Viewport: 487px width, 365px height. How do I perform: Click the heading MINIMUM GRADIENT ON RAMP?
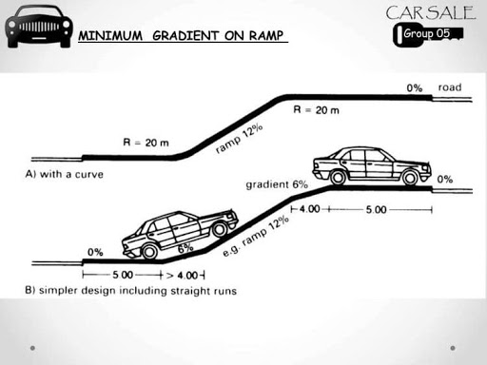pos(182,36)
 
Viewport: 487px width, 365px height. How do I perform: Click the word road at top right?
pos(449,87)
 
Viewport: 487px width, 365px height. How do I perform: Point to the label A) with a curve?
pos(73,174)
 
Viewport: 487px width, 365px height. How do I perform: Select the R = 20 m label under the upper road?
pos(318,110)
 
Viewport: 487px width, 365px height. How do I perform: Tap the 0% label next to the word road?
pos(414,87)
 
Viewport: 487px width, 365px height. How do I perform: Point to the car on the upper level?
pos(370,165)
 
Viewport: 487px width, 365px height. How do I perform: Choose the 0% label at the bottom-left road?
pos(94,252)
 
